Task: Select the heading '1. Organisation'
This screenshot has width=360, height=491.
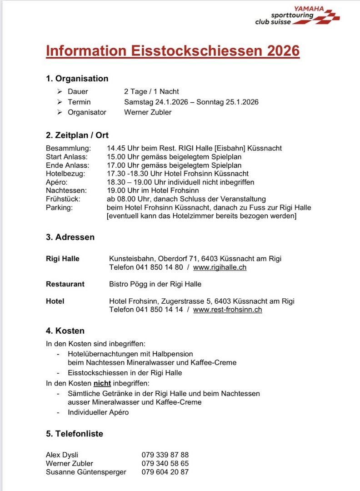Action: tap(77, 79)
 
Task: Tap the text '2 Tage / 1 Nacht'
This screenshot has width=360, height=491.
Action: tap(151, 91)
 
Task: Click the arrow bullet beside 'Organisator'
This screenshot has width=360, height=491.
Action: tap(60, 112)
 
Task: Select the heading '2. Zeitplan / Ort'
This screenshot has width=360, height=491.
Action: tap(77, 135)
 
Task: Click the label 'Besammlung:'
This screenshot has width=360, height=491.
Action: tap(69, 148)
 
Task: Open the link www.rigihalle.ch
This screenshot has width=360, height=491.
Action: tap(220, 267)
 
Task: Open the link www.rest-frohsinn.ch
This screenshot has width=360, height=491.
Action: tap(227, 310)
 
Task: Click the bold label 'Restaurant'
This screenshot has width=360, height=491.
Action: tap(65, 284)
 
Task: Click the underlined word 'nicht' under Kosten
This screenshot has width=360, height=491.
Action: tap(102, 383)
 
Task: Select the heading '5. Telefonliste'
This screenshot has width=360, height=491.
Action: tap(75, 434)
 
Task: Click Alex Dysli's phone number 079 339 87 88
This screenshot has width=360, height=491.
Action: tap(165, 455)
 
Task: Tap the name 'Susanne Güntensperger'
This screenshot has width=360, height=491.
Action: tap(86, 472)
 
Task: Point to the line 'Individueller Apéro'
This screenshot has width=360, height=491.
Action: tap(98, 412)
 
